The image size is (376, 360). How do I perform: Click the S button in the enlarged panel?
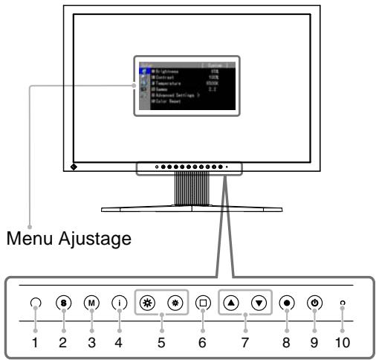coord(64,303)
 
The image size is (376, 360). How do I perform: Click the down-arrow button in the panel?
coord(259,303)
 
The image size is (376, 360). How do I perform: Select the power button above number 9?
coord(314,303)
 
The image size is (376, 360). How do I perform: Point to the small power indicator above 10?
coord(343,303)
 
